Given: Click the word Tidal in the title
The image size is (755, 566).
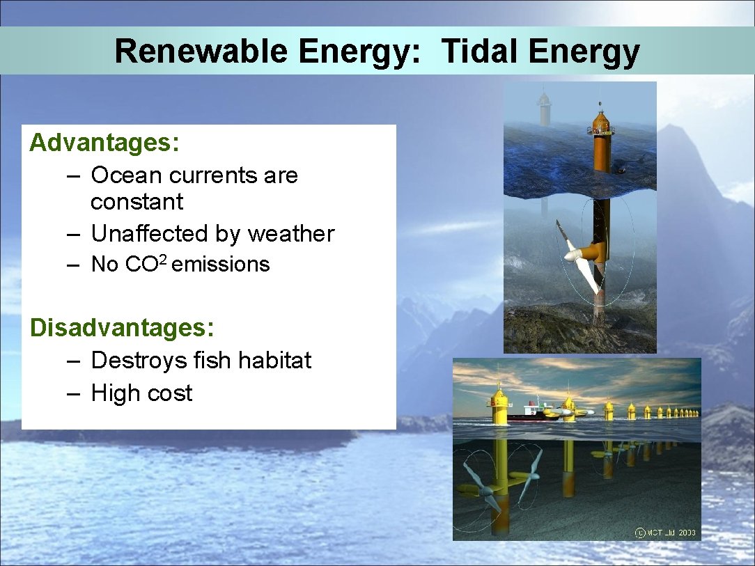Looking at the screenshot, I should (x=479, y=52).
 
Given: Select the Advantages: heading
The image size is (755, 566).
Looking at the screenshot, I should (x=104, y=143).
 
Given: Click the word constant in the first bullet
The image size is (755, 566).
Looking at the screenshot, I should (x=137, y=202).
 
